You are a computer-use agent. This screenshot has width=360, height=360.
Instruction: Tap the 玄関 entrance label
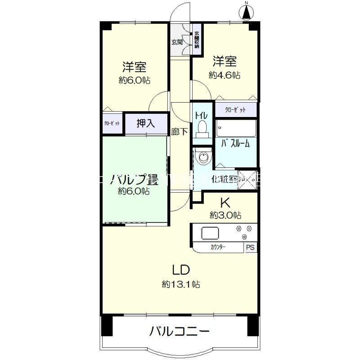[176, 43]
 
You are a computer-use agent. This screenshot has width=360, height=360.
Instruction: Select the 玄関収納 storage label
[197, 40]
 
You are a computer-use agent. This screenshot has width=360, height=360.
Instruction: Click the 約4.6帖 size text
[224, 75]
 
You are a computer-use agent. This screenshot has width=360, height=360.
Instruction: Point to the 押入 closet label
[145, 123]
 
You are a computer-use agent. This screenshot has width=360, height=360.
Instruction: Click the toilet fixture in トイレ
[201, 129]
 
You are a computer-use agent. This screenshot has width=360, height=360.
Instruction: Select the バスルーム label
[235, 144]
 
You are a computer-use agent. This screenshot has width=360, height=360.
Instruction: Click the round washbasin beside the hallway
[204, 157]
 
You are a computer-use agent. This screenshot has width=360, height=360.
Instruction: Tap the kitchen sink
[210, 234]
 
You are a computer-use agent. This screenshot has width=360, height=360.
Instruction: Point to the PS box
[250, 247]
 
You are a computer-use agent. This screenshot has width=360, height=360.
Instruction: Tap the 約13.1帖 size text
[181, 284]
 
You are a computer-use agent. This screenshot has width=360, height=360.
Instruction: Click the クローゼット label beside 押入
[112, 124]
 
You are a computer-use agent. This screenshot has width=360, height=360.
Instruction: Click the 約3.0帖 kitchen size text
[225, 215]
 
